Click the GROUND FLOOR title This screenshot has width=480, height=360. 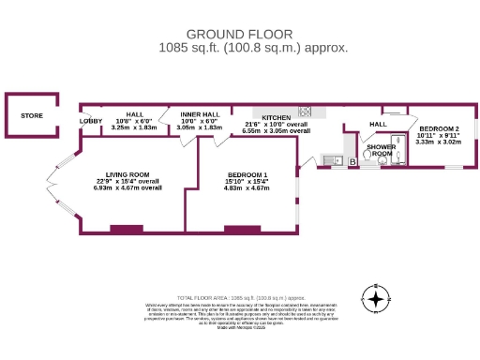(x=240, y=33)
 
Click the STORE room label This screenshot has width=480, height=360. (x=32, y=116)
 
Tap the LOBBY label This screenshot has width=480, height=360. (x=91, y=121)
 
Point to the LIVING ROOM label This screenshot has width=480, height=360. (x=127, y=174)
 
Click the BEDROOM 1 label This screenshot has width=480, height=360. (x=247, y=175)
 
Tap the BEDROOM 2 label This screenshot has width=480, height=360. (x=439, y=128)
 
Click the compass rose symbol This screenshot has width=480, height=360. (x=376, y=300)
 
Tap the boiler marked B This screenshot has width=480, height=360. (x=352, y=162)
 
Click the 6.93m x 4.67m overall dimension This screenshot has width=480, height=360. (x=127, y=187)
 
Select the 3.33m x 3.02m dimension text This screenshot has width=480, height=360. (x=439, y=142)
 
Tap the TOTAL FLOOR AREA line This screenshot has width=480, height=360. (x=239, y=297)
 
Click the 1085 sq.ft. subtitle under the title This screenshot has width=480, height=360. (x=240, y=46)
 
